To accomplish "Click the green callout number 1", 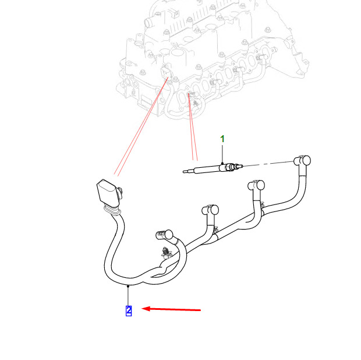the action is pyautogui.click(x=222, y=139).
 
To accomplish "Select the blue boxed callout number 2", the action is pyautogui.click(x=129, y=310).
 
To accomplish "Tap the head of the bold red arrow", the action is pyautogui.click(x=142, y=309).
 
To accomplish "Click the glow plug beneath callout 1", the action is pyautogui.click(x=213, y=168).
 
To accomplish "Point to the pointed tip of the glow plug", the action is pyautogui.click(x=183, y=172).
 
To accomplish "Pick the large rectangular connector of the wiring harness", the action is pyautogui.click(x=108, y=192).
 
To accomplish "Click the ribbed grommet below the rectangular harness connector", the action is pyautogui.click(x=113, y=211).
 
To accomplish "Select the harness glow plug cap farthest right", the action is pyautogui.click(x=303, y=161).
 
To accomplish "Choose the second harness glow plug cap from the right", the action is pyautogui.click(x=256, y=185).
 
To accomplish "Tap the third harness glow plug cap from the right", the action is pyautogui.click(x=210, y=210).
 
